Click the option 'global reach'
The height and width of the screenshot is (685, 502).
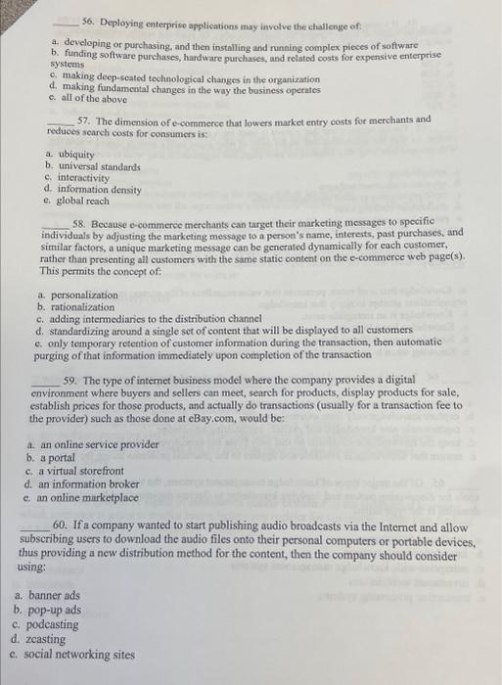click(x=83, y=201)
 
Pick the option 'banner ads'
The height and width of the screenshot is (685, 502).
click(x=54, y=594)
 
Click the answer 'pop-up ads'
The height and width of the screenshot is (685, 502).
click(x=55, y=609)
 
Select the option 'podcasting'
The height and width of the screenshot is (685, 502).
click(x=53, y=624)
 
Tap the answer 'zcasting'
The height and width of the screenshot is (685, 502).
click(x=48, y=639)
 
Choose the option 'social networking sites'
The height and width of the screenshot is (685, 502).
click(x=77, y=654)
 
